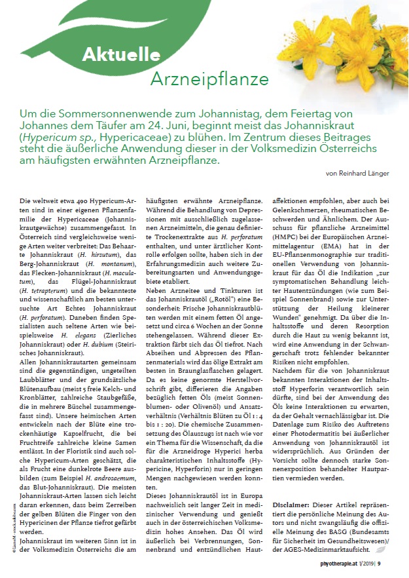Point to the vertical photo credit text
pyautogui.click(x=14, y=494)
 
